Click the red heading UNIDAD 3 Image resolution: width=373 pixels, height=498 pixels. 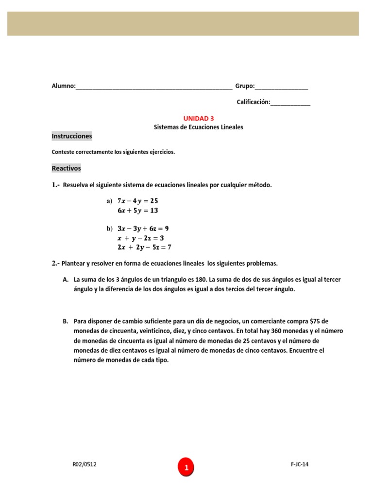click(x=198, y=118)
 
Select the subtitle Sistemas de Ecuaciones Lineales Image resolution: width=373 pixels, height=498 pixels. click(x=198, y=127)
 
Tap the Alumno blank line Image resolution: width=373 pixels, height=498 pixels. click(x=154, y=88)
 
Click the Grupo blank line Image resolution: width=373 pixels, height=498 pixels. click(x=282, y=88)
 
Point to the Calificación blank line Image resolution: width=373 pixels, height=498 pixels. click(x=290, y=103)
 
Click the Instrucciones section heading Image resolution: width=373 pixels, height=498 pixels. click(x=71, y=136)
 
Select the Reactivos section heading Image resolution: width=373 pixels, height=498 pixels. click(x=66, y=168)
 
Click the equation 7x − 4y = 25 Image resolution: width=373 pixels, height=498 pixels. click(x=138, y=201)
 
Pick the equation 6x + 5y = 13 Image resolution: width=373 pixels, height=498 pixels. click(x=138, y=211)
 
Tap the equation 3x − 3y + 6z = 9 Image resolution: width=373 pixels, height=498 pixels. click(x=143, y=229)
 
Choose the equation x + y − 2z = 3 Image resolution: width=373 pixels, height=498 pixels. click(x=141, y=238)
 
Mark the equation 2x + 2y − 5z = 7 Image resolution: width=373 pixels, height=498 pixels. click(x=144, y=247)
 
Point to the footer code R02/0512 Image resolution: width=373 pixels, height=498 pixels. click(x=85, y=464)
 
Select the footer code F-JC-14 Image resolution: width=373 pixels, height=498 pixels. click(x=296, y=464)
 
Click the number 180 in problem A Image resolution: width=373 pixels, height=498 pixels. click(x=202, y=280)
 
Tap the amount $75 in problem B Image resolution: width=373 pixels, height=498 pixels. click(x=315, y=321)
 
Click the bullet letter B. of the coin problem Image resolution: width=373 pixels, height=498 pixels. click(x=66, y=321)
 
